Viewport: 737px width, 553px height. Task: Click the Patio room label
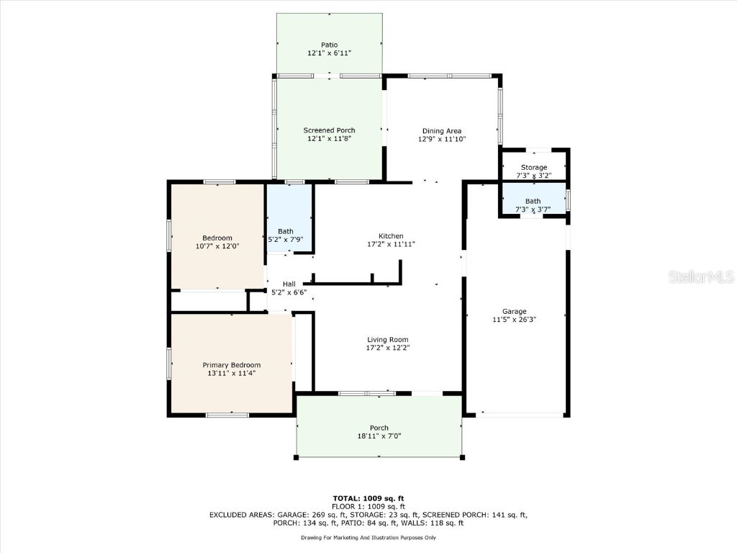tap(329, 45)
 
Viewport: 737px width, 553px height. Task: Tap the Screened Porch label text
tap(329, 130)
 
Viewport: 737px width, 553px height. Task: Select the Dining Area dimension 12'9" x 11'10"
tap(442, 139)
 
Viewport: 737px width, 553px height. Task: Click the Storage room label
tap(533, 167)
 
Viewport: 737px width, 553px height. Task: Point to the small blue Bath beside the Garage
tap(533, 201)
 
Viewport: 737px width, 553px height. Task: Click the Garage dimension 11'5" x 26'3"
tap(514, 319)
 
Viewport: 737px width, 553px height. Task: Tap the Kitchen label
tap(391, 235)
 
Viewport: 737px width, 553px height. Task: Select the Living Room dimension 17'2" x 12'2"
tap(388, 348)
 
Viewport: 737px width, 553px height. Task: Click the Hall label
tap(289, 284)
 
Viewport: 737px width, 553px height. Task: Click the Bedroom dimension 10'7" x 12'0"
tap(217, 246)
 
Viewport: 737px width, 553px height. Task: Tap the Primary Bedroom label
tap(231, 364)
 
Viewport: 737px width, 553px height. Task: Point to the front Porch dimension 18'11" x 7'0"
tap(379, 436)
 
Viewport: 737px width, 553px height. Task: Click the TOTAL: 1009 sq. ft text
tap(368, 498)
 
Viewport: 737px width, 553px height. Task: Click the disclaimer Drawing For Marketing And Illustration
tap(368, 537)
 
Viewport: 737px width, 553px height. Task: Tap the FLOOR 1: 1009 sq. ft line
tap(368, 506)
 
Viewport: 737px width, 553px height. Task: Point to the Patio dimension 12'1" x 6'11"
tap(329, 53)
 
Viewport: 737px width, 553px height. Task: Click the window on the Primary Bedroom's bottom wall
tap(227, 415)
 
